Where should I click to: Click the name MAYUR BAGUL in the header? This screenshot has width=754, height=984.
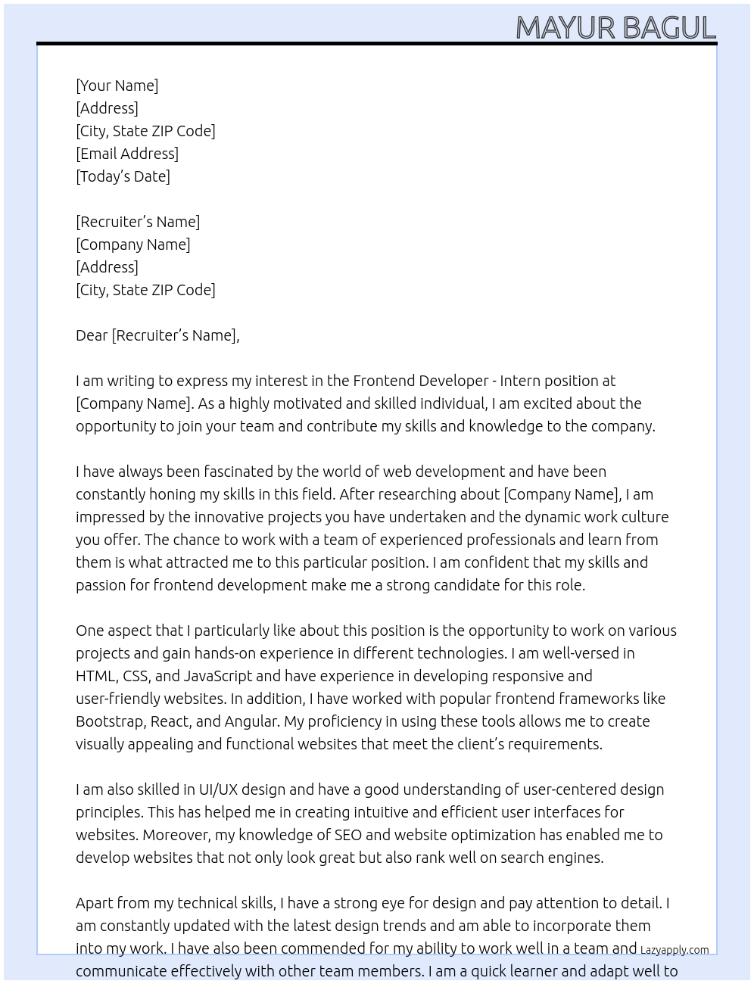[x=615, y=28]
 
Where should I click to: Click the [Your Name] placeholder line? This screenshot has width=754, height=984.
[x=117, y=86]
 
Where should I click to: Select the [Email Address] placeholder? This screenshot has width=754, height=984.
[x=127, y=154]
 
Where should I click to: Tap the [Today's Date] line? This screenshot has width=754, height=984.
[x=123, y=176]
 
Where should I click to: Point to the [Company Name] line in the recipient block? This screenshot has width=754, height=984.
[x=132, y=244]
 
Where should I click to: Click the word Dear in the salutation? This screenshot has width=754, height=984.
[x=92, y=335]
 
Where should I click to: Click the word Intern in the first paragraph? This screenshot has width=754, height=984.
[x=521, y=381]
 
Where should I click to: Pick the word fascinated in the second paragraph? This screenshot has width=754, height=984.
[x=238, y=472]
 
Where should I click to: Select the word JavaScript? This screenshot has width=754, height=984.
[x=218, y=676]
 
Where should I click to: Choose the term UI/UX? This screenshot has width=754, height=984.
[x=218, y=789]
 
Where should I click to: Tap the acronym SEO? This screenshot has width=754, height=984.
[x=348, y=835]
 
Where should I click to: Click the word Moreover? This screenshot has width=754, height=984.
[x=176, y=835]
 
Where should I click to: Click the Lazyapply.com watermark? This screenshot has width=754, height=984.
[x=675, y=950]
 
